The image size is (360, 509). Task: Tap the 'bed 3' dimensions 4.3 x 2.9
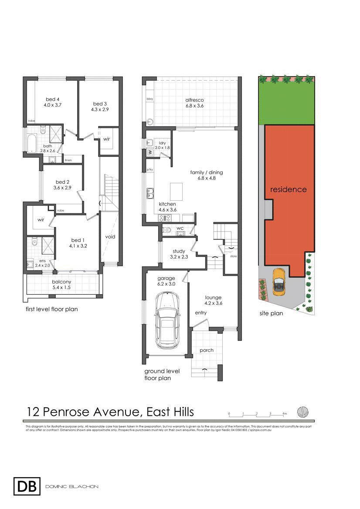[99, 110]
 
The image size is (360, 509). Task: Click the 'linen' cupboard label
[68, 160]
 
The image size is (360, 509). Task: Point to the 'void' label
[110, 236]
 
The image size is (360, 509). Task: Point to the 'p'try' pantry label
[149, 169]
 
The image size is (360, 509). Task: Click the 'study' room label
[179, 251]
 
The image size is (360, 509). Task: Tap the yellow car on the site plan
[278, 282]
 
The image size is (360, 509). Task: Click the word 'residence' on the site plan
[288, 189]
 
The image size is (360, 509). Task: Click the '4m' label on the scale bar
[284, 413]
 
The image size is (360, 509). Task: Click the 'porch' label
[207, 350]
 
